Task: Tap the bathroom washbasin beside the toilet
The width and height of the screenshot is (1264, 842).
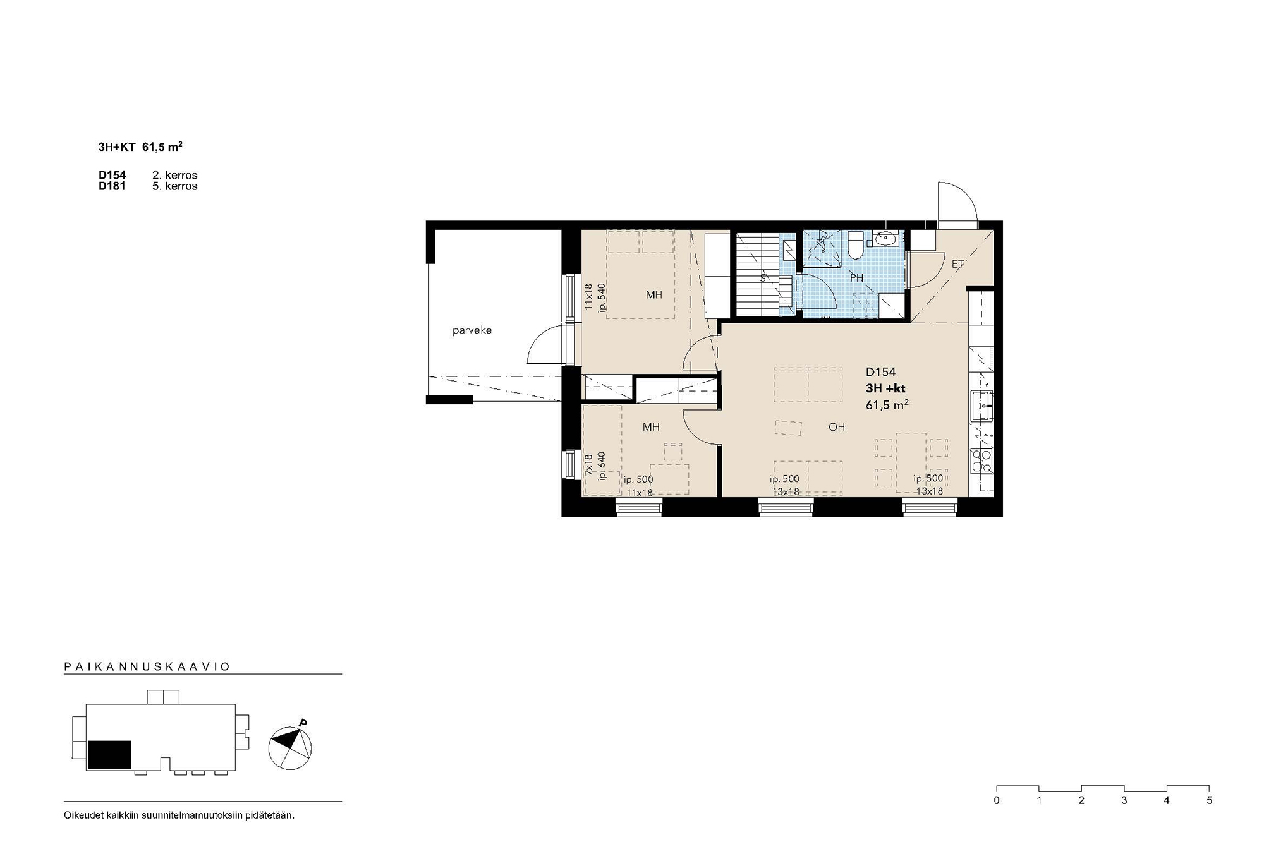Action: click(884, 239)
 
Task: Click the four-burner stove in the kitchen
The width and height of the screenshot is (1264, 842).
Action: click(981, 461)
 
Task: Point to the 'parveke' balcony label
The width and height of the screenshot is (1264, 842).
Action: click(471, 330)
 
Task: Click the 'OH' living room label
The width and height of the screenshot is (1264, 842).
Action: click(836, 427)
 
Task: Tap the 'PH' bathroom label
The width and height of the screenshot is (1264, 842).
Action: click(856, 278)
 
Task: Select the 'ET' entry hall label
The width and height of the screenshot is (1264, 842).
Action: click(957, 265)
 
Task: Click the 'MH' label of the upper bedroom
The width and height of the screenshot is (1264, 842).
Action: click(653, 294)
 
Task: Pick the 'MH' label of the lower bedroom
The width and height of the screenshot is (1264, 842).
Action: click(651, 427)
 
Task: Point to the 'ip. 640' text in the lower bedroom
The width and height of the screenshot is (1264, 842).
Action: click(602, 466)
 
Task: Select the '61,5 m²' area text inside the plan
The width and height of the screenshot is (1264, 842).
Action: click(887, 405)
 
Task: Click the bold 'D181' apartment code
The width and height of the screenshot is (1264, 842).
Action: click(112, 186)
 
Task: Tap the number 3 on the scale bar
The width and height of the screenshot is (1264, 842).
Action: click(1124, 800)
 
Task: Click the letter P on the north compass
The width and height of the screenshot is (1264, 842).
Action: click(303, 723)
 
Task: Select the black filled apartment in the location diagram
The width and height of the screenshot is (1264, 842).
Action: click(109, 755)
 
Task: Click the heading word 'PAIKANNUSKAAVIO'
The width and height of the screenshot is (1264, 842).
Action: click(147, 666)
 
